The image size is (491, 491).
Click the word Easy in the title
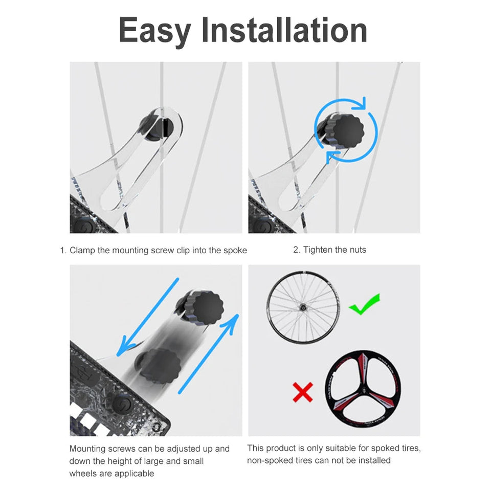154,30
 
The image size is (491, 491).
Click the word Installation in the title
284,30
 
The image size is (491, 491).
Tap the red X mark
302,392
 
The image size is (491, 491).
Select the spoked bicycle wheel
303,307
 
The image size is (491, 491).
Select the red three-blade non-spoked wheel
363,389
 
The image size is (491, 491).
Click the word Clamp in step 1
82,251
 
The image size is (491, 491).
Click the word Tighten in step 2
318,250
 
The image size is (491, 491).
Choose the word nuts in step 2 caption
358,250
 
